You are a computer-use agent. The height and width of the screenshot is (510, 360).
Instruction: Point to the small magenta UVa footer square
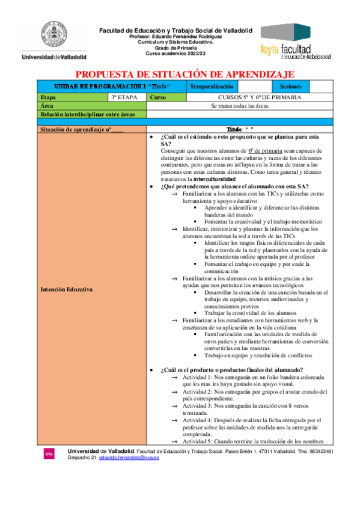[48, 453]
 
